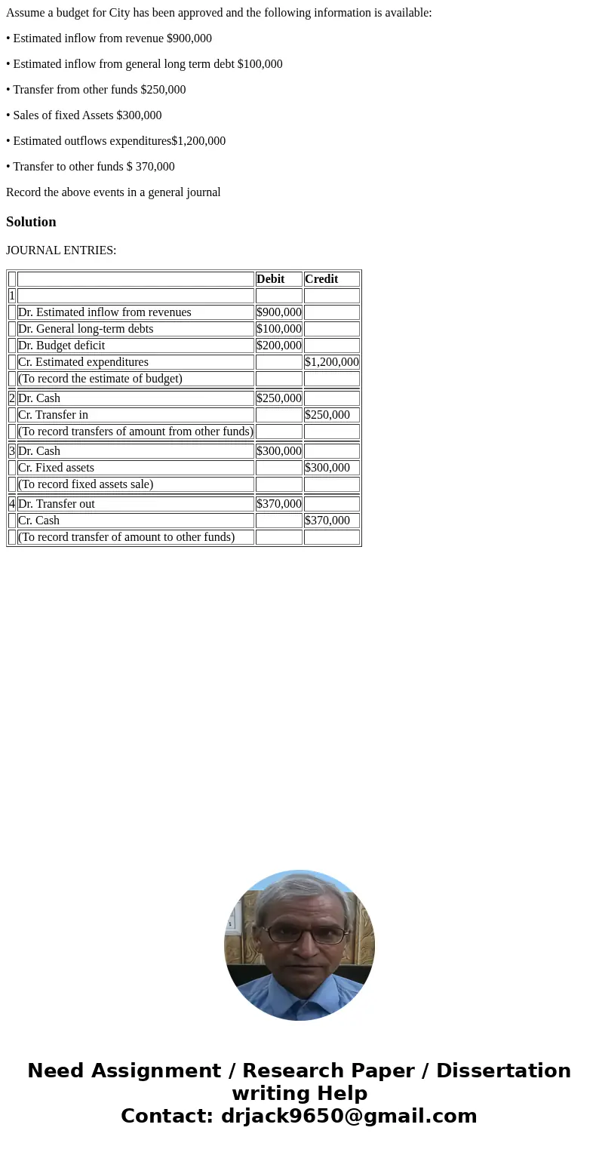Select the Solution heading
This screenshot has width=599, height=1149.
pos(31,222)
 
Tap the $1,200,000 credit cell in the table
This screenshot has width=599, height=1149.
pos(332,362)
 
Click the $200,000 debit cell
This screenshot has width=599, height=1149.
pos(279,346)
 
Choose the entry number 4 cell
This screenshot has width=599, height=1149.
pos(12,504)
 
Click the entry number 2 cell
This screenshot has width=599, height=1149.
pos(12,398)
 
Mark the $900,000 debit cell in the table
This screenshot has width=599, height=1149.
pos(279,312)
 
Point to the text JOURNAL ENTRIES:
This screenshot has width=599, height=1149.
pos(61,250)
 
